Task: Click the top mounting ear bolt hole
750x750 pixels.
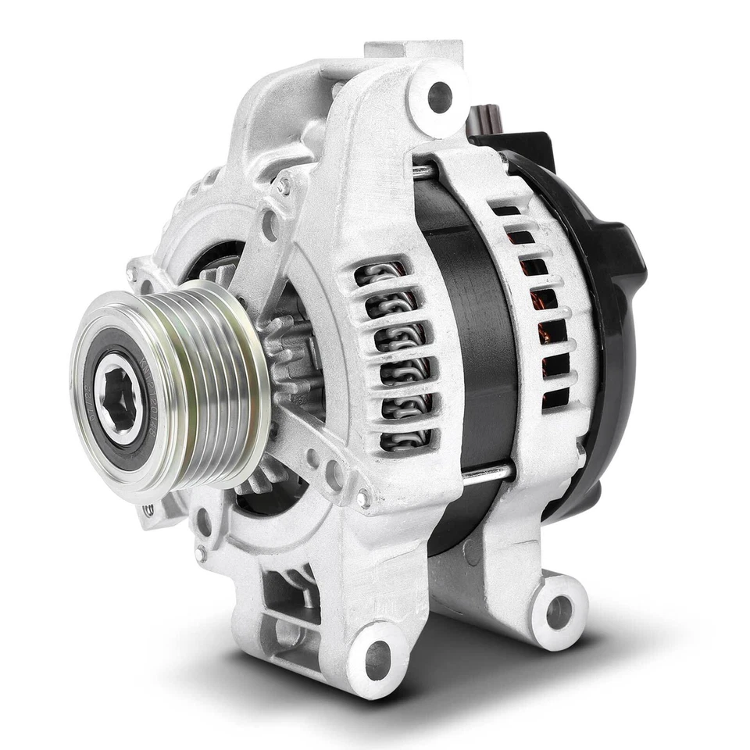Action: click(440, 98)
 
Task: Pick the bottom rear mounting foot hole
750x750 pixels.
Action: click(559, 612)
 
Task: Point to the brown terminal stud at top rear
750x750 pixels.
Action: click(486, 121)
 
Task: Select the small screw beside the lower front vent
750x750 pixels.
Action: click(362, 495)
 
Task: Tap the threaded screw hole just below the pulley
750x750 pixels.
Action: click(148, 510)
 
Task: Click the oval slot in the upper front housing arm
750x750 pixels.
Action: click(270, 227)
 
